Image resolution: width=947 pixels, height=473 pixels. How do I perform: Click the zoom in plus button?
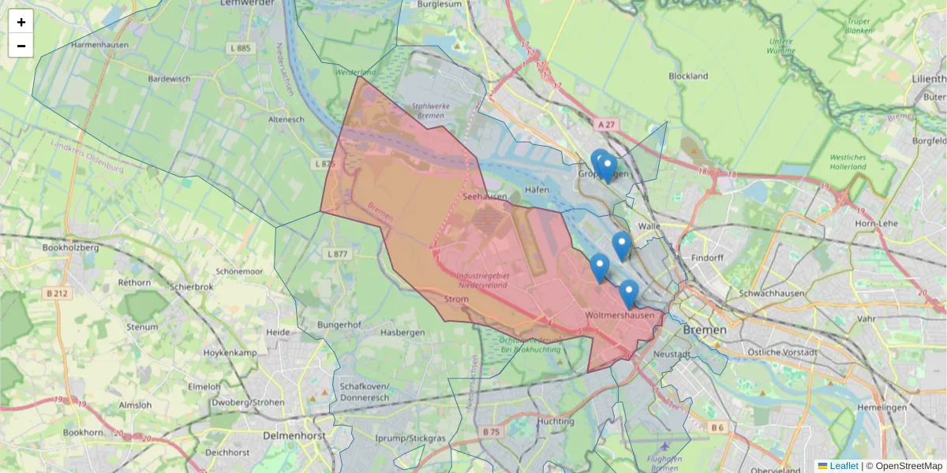[21, 22]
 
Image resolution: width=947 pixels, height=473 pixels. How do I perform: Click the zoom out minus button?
[21, 46]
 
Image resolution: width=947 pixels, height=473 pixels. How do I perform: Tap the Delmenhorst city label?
[293, 435]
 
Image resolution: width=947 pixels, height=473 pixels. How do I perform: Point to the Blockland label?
[688, 76]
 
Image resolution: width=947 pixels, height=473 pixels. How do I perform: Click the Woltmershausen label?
[620, 315]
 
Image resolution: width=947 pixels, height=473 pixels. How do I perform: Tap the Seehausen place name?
[485, 196]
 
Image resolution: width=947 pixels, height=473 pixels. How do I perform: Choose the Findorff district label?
[706, 258]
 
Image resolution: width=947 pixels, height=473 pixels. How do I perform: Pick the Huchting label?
[556, 422]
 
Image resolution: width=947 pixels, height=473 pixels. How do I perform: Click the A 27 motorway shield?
[606, 125]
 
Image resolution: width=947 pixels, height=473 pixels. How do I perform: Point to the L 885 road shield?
[240, 48]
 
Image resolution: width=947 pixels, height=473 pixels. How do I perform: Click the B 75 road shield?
[491, 431]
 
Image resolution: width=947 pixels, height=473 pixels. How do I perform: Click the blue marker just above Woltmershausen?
[629, 293]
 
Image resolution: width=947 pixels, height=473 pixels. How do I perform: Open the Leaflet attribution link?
[844, 466]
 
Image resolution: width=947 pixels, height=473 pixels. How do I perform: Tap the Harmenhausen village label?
[99, 46]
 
